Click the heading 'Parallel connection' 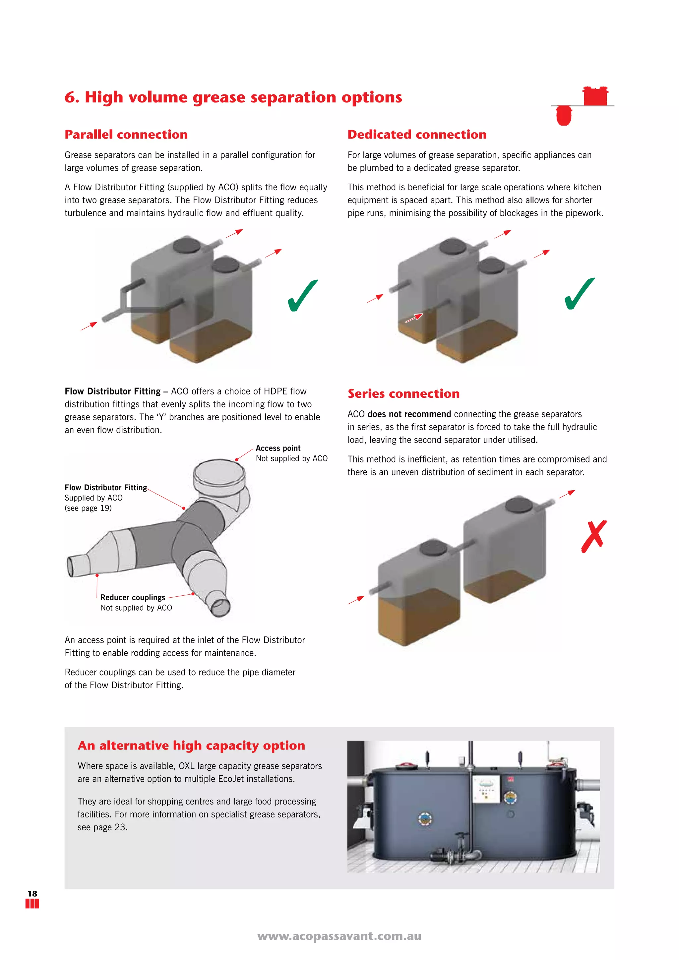click(126, 135)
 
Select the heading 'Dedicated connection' click(417, 135)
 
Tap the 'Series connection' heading click(403, 394)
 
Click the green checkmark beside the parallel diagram click(303, 296)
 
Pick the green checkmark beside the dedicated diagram click(580, 294)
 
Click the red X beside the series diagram click(594, 536)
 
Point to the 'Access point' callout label click(278, 448)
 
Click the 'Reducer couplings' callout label click(133, 597)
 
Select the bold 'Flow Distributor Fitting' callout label click(106, 488)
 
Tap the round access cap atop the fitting click(219, 472)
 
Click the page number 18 click(32, 893)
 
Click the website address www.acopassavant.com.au click(339, 936)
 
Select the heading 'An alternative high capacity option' click(191, 746)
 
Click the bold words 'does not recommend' click(409, 414)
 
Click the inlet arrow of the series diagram click(356, 600)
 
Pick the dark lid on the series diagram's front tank click(434, 548)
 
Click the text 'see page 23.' click(102, 827)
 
